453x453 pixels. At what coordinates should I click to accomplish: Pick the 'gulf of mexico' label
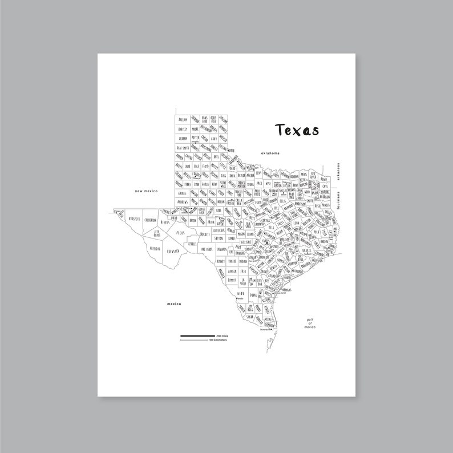[310, 324]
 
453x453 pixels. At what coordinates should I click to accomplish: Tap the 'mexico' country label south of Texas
[173, 304]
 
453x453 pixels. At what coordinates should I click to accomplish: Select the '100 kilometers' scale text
[218, 340]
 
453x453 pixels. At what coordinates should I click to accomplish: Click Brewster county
[173, 250]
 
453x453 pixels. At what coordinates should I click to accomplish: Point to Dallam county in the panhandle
[183, 120]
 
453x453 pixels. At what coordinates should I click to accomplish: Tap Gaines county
[183, 193]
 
